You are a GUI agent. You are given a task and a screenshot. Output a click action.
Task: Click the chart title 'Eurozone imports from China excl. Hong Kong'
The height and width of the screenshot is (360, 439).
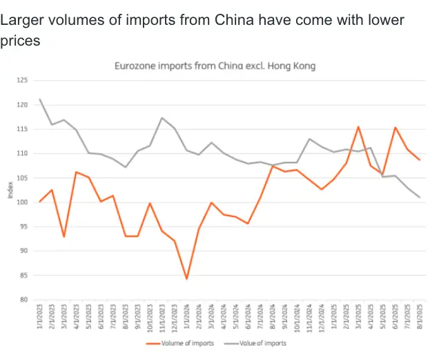point(214,66)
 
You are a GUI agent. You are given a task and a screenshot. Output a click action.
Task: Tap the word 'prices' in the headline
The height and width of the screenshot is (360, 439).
point(20,41)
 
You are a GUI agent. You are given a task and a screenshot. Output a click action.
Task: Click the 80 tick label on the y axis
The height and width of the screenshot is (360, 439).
point(24,300)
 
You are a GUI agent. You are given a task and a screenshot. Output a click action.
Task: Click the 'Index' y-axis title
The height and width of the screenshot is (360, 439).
point(10,191)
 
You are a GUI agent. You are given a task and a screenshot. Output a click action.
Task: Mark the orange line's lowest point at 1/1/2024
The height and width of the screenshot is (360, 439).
point(186,278)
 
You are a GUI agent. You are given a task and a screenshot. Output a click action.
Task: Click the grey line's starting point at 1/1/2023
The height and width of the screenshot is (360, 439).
point(40,100)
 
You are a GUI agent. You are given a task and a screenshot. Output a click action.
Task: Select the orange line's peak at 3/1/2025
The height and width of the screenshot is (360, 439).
point(358,127)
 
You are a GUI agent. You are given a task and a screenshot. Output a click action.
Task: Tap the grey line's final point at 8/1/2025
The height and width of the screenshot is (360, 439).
point(418,198)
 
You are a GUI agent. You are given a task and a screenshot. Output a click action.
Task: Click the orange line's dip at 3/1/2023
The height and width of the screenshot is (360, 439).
point(64,236)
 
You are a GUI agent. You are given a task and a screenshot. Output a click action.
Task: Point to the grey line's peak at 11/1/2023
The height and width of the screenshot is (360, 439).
point(162,118)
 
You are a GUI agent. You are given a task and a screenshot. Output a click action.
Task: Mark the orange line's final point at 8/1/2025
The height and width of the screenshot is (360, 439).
point(418,160)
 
